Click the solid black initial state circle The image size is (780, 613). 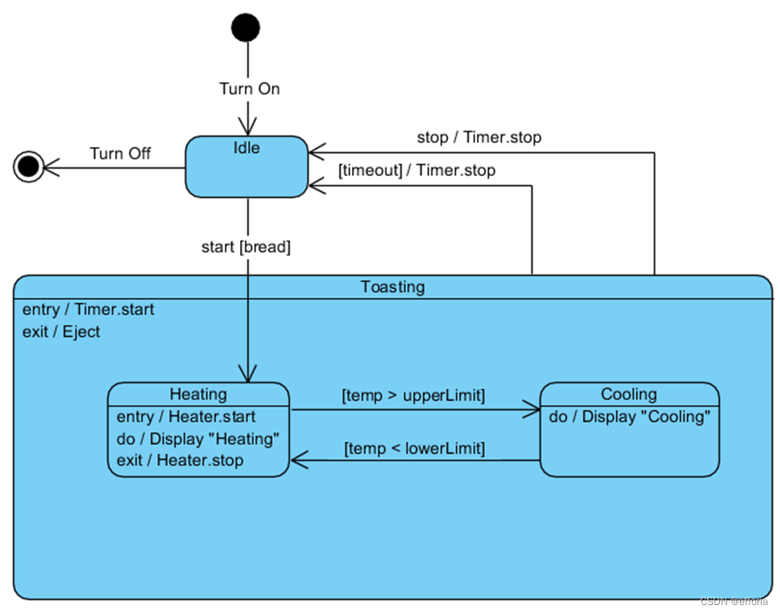pos(246,28)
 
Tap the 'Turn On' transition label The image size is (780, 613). pos(250,89)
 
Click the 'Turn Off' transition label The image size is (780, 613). pos(120,153)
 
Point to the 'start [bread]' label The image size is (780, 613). pos(246,246)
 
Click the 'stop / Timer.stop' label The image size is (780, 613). pos(478,137)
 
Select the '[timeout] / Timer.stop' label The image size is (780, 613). pos(416,170)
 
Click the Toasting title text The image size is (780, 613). pos(393,286)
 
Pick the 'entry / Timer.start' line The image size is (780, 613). pos(88,310)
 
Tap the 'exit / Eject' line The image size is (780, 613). pos(62,331)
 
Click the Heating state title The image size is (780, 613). pos(198,394)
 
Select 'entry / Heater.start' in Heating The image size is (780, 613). pos(186,417)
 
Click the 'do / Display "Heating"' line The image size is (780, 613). pos(198,439)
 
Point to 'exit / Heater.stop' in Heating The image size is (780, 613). pos(180,460)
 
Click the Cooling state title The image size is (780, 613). pos(629,394)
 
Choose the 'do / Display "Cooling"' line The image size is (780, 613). pos(630,417)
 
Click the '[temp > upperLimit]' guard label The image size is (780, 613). pos(414,395)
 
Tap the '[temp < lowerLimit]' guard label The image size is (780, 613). pos(414,448)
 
